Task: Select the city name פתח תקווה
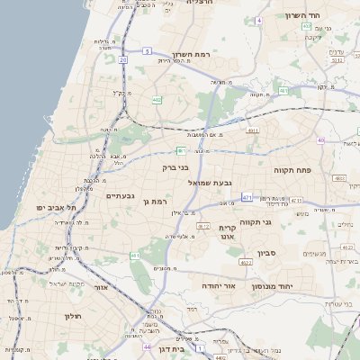[292, 168]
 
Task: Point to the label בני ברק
[176, 167]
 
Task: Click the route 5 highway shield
[147, 52]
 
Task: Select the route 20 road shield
[122, 59]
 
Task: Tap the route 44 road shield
[147, 346]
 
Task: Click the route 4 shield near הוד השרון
[259, 19]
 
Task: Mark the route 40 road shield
[320, 140]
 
